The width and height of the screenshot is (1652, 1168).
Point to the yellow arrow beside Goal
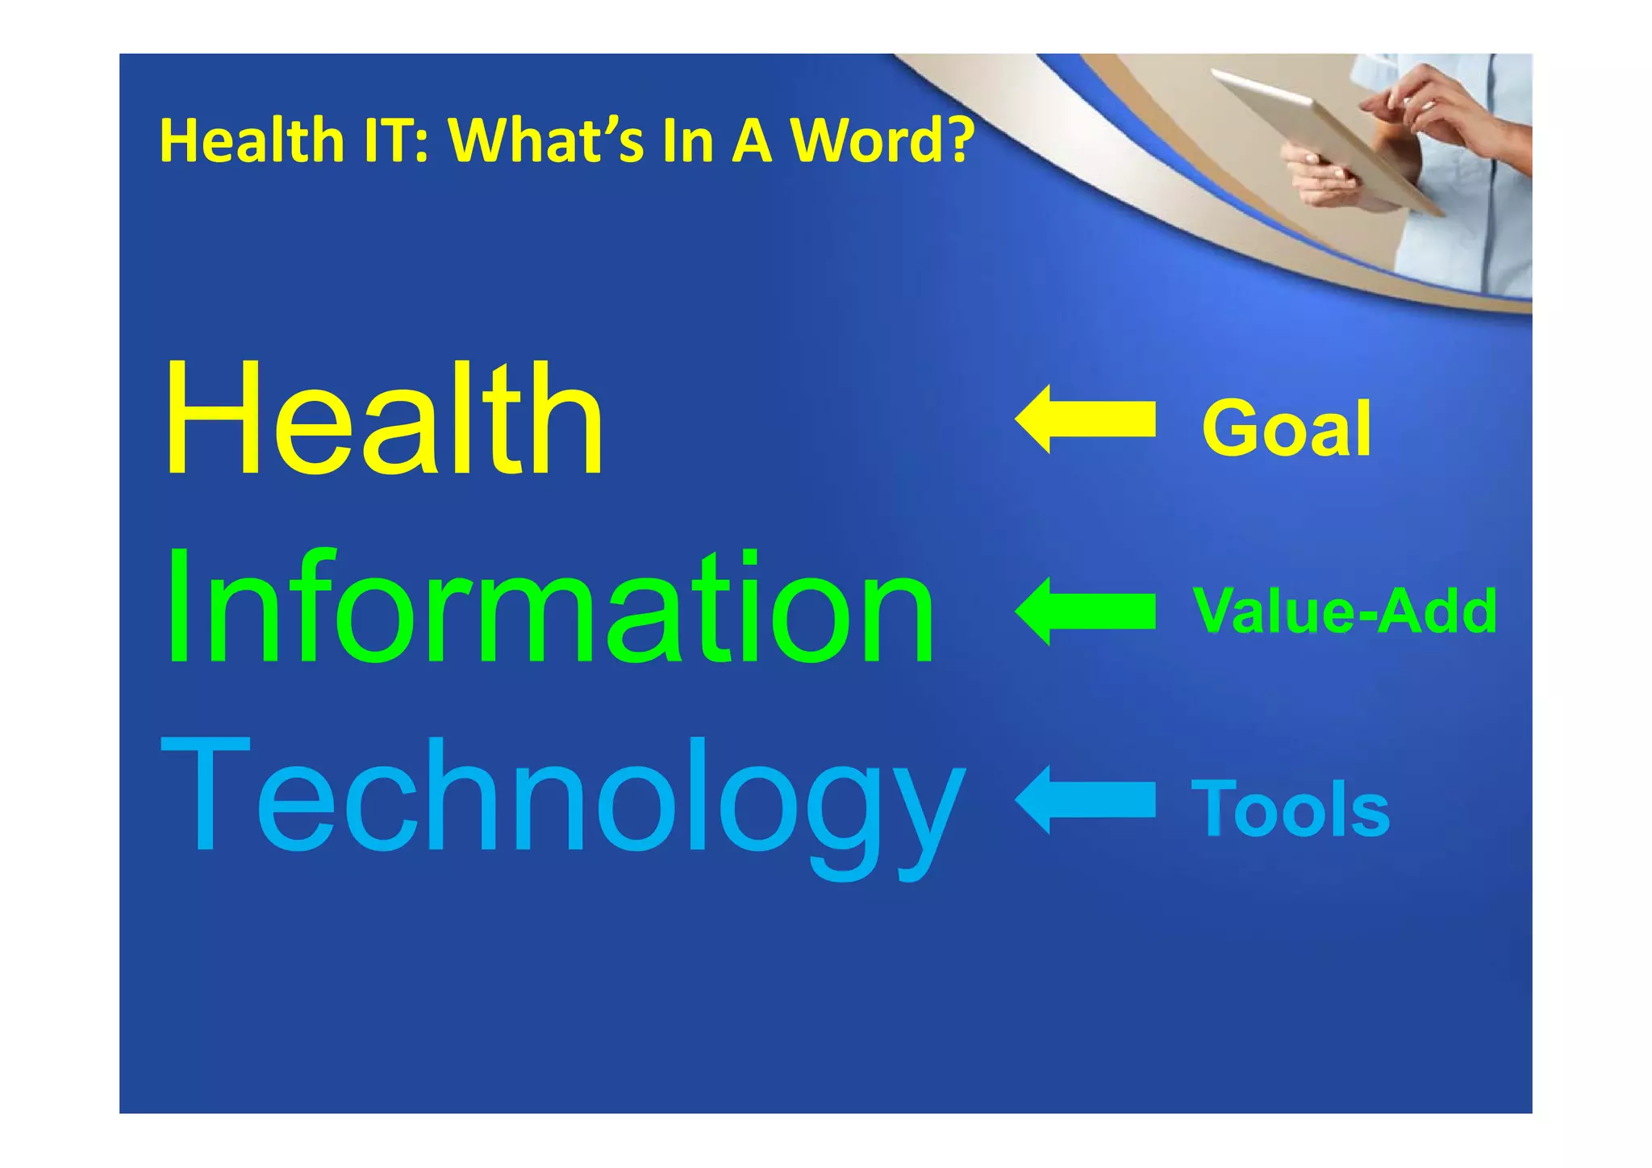click(x=1085, y=419)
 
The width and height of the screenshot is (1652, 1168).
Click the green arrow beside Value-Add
click(x=1085, y=611)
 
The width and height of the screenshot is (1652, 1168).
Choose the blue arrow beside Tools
click(x=1085, y=799)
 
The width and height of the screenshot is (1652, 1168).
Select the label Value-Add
click(x=1345, y=611)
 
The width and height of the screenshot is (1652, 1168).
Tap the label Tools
click(x=1291, y=809)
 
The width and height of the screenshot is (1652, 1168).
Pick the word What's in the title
click(x=546, y=140)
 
